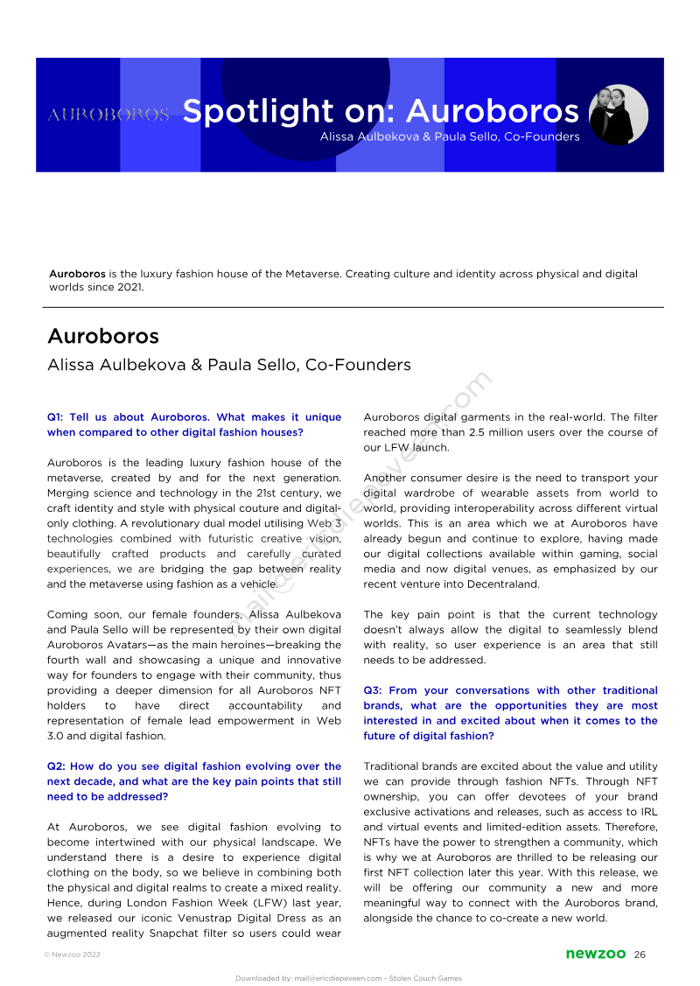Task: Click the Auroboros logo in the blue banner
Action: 108,115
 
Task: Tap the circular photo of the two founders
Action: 619,115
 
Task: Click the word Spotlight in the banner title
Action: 245,111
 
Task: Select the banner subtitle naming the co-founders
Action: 450,136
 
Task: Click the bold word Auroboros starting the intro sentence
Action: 77,274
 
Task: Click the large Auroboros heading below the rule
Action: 102,337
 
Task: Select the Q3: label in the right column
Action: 374,690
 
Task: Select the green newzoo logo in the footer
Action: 596,954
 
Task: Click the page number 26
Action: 640,954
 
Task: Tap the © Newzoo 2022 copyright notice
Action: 72,955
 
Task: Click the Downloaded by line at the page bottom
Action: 348,978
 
